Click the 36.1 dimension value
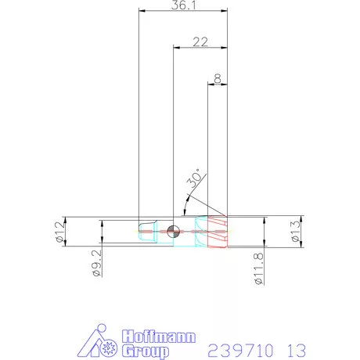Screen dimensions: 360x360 coord(182,5)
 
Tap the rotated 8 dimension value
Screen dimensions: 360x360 coord(216,78)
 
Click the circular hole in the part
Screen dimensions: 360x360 coord(174,230)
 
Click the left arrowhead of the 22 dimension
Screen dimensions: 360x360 coord(176,48)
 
